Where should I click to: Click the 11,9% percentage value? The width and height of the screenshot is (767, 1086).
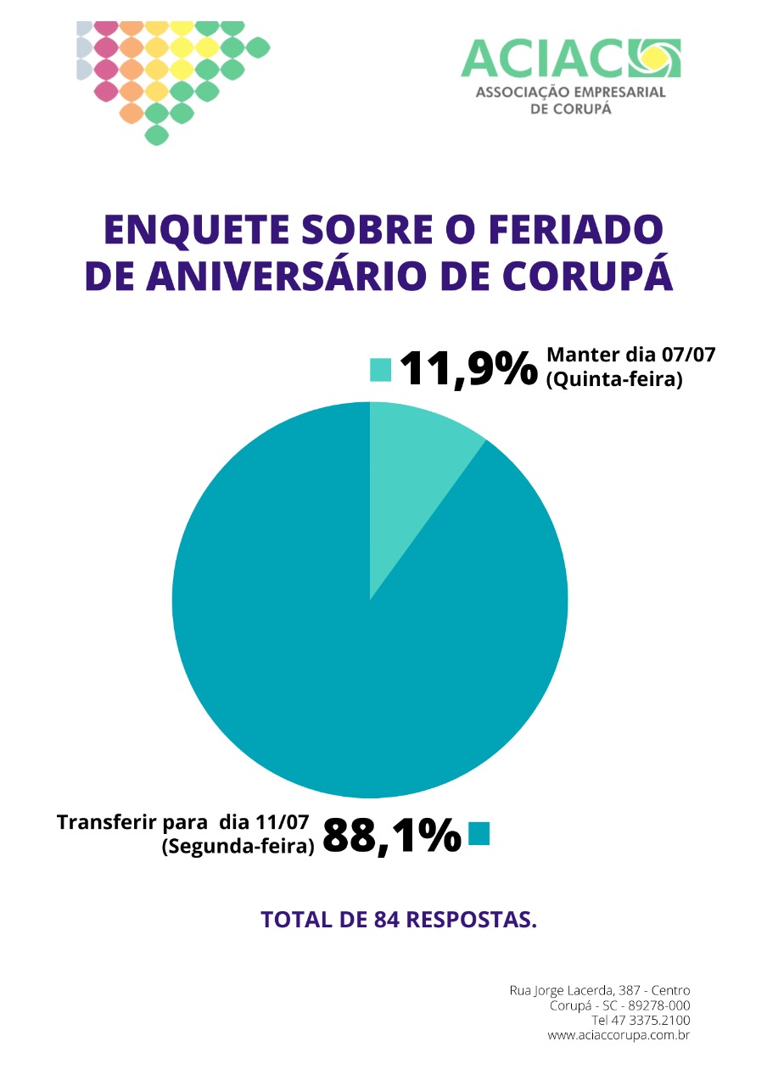coord(469,369)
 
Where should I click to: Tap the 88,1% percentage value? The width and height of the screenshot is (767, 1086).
coord(392,835)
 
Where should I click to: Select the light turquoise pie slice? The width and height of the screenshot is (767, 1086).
coord(417,466)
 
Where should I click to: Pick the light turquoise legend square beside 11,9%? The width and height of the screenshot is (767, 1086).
coord(381,370)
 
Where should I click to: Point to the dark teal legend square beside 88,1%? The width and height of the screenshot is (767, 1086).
coord(479,834)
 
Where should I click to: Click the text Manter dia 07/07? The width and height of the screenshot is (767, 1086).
coord(630,355)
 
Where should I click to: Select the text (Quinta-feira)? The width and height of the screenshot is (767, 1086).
coord(614,379)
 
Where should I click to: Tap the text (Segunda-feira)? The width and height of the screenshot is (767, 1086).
coord(238,846)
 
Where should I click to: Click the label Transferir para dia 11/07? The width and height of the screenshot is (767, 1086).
coord(182,822)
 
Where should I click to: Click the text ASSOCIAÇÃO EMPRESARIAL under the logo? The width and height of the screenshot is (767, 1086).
coord(571,92)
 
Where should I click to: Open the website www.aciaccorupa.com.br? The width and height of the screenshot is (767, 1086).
coord(619,1035)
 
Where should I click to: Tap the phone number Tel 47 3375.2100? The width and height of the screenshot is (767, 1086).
coord(641,1020)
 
